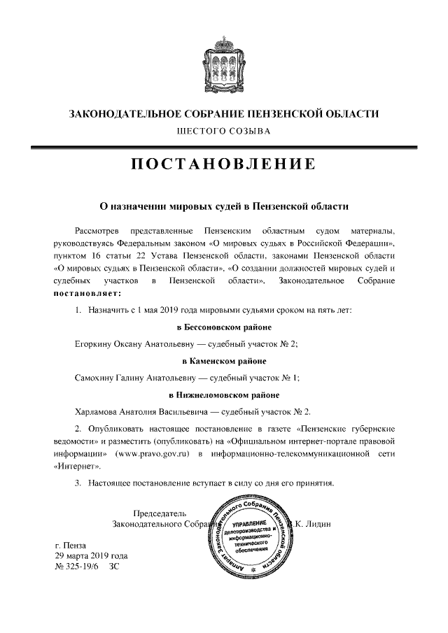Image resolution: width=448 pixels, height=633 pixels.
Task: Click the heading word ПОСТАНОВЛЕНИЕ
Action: (223, 165)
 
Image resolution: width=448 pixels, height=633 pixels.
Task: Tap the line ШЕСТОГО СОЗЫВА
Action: (223, 130)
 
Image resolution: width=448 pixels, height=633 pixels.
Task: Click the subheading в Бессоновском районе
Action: (223, 327)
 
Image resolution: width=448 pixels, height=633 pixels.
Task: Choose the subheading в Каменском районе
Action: (223, 361)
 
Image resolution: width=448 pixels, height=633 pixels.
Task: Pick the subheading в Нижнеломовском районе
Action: (223, 395)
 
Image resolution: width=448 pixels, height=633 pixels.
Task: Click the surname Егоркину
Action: (94, 344)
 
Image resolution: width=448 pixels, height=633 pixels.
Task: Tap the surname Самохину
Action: (96, 378)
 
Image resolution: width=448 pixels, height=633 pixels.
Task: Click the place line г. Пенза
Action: (72, 544)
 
